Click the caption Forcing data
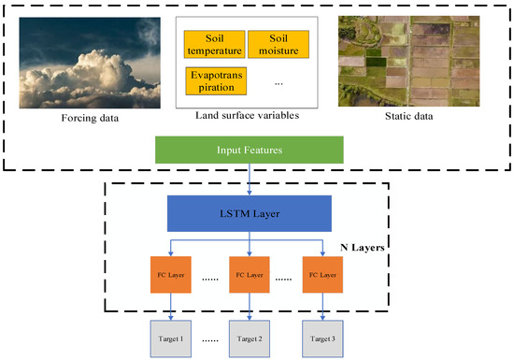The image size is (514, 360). pyautogui.click(x=74, y=117)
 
